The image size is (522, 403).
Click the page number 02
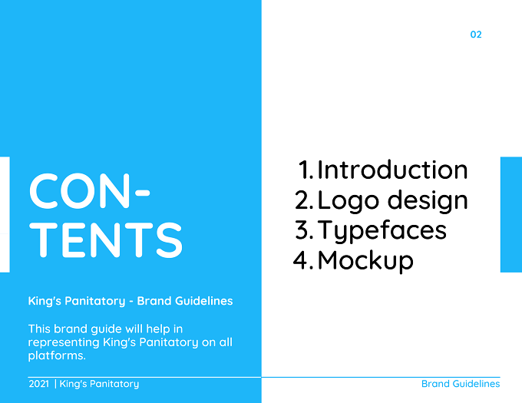pyautogui.click(x=476, y=35)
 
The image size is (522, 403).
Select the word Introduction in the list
pyautogui.click(x=393, y=170)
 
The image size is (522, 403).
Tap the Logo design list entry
pyautogui.click(x=393, y=200)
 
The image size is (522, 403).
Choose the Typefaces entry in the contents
pyautogui.click(x=382, y=230)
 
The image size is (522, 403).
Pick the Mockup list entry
pyautogui.click(x=365, y=260)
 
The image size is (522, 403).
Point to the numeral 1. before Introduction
pyautogui.click(x=306, y=170)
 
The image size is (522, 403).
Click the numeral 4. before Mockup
pyautogui.click(x=303, y=260)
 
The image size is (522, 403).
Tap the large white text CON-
pyautogui.click(x=90, y=191)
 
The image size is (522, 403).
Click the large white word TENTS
pyautogui.click(x=106, y=240)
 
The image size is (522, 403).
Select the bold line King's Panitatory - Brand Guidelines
pyautogui.click(x=130, y=301)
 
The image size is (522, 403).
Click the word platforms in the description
pyautogui.click(x=57, y=355)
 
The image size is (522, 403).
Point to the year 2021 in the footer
pyautogui.click(x=39, y=384)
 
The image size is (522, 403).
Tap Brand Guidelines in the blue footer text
pyautogui.click(x=461, y=384)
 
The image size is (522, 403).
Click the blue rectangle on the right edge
pyautogui.click(x=511, y=215)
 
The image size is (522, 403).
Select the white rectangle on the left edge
pyautogui.click(x=5, y=215)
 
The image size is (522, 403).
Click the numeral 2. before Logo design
pyautogui.click(x=304, y=200)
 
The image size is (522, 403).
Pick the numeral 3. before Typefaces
pyautogui.click(x=304, y=230)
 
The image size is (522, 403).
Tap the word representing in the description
pyautogui.click(x=64, y=342)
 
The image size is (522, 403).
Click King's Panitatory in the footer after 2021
pyautogui.click(x=99, y=384)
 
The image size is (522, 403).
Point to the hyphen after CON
pyautogui.click(x=143, y=193)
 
